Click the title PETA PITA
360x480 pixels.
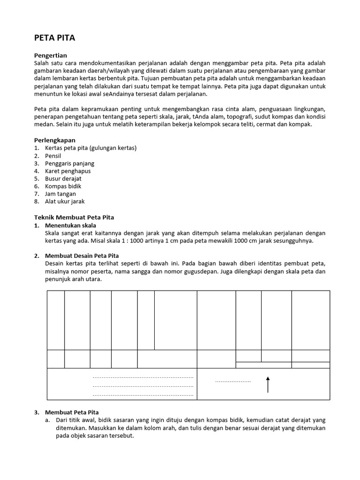[55, 38]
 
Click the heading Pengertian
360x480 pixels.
[51, 55]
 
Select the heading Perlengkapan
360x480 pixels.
[55, 140]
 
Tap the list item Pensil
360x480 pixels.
[53, 156]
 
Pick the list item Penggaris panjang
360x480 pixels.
[69, 163]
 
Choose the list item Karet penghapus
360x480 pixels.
[68, 171]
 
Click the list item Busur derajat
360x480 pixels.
[63, 179]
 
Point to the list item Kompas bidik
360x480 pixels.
[63, 186]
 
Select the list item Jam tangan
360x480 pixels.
[60, 194]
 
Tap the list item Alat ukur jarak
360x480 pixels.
[65, 202]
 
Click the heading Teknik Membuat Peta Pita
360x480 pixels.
[75, 217]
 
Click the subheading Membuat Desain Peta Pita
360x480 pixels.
[82, 256]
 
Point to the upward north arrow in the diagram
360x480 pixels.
[268, 384]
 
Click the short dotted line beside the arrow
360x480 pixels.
[233, 382]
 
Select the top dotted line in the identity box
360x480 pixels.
[143, 377]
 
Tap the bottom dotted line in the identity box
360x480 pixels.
[143, 396]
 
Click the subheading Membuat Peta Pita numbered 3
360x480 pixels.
[72, 412]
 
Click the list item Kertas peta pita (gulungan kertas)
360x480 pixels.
[90, 148]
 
